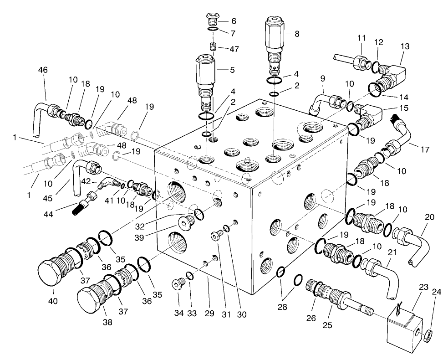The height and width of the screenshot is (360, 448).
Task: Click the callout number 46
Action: (43, 70)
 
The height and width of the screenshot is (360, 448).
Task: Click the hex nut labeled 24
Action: (428, 337)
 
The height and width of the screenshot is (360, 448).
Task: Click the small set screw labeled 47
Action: (213, 46)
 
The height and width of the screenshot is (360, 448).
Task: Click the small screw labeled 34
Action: (177, 284)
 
